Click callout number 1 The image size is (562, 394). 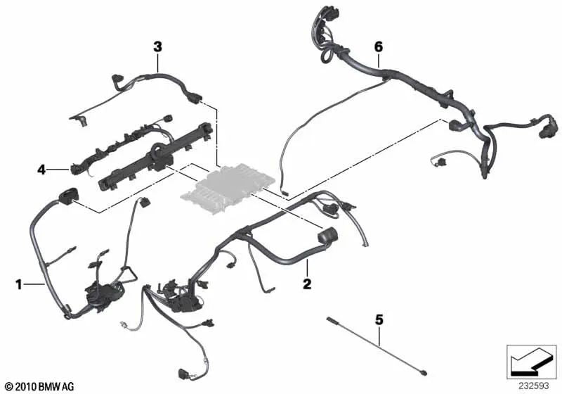[19, 284]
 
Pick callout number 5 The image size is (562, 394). [379, 319]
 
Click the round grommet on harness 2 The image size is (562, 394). [327, 236]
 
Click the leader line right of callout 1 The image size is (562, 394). [34, 284]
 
